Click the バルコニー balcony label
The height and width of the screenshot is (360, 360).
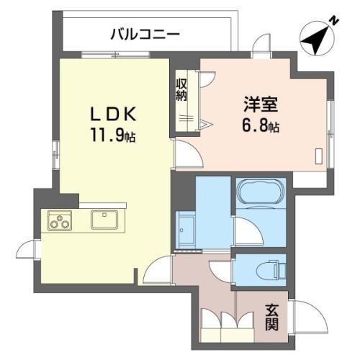coord(145,35)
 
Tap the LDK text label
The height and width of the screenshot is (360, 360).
coord(113,114)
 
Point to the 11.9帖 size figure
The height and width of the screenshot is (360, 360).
coord(113,135)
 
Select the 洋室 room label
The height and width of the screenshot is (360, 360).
coord(261,104)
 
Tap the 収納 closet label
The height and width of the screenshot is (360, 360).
coord(181,90)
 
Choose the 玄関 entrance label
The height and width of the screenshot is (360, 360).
coord(271,318)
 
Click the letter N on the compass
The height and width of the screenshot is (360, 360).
coord(334,21)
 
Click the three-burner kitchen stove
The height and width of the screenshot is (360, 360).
coord(60,221)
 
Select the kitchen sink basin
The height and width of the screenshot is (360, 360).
coord(104,220)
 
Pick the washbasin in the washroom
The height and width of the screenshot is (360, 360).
coord(185,230)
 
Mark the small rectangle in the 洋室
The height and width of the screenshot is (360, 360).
coord(319,156)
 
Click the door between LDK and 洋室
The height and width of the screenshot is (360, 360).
coord(189,153)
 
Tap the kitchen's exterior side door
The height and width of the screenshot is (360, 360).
coord(27,249)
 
